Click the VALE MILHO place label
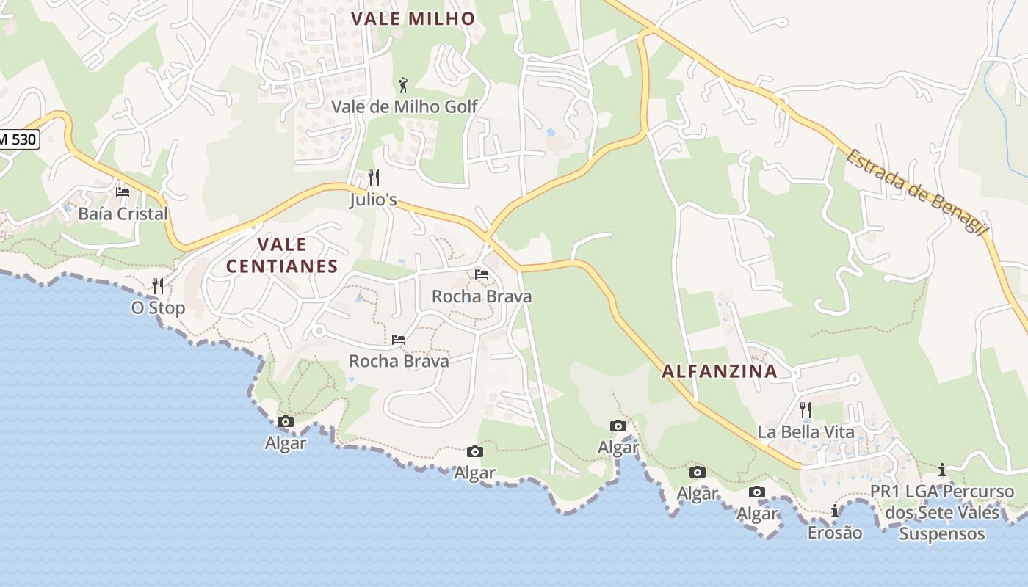[413, 19]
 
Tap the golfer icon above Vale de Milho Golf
[403, 85]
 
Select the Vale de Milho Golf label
[405, 106]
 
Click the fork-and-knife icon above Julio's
[373, 178]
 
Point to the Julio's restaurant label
[373, 199]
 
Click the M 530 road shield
[18, 138]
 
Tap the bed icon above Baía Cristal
[123, 192]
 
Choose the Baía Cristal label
[123, 214]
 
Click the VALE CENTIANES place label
[282, 255]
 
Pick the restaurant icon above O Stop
[158, 285]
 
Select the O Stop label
[158, 307]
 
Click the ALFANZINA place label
[720, 371]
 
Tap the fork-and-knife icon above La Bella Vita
[806, 409]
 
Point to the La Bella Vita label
[806, 431]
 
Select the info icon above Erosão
[835, 511]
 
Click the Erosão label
[835, 532]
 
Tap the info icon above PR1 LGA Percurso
[942, 470]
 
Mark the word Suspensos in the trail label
[942, 533]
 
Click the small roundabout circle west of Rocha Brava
[319, 331]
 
